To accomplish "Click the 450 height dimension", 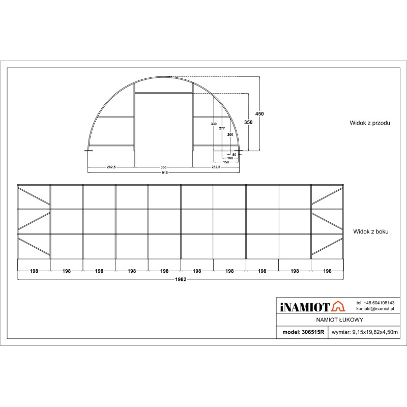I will point(259,114).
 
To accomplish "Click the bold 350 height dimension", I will point(248,123).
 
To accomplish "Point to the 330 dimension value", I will point(213,124).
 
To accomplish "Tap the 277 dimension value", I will point(222,128).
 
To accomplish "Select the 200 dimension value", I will point(230,134).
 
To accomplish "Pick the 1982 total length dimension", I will point(181,279).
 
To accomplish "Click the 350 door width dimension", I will point(163,167).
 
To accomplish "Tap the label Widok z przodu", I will point(369,123).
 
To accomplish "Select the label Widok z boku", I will point(371,231).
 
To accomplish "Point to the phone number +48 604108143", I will point(375,303).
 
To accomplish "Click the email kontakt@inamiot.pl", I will point(375,309).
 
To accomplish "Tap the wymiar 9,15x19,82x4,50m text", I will point(364,332).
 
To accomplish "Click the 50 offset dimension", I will point(234,154).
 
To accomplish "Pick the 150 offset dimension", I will point(225,162).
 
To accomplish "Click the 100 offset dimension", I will point(230,158).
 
